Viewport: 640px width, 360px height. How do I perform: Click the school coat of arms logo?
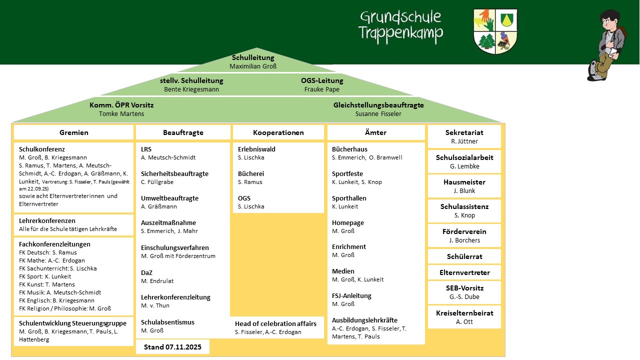click(x=495, y=30)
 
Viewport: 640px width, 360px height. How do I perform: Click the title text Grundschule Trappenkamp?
click(x=400, y=25)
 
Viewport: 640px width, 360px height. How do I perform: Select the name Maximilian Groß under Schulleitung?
click(x=253, y=66)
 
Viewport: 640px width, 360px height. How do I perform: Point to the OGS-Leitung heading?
click(x=322, y=80)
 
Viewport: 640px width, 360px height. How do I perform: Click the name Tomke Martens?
click(x=121, y=113)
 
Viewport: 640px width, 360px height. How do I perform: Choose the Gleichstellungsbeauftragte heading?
click(x=378, y=105)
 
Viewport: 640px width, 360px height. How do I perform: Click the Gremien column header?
click(x=74, y=132)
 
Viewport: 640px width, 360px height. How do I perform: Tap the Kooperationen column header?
click(x=278, y=132)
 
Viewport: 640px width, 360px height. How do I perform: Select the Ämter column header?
click(x=376, y=132)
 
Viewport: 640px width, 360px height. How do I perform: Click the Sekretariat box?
click(x=464, y=136)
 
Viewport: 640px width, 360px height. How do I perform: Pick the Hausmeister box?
click(x=464, y=186)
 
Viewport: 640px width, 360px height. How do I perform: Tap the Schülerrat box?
click(x=464, y=256)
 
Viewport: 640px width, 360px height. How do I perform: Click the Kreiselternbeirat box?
click(x=464, y=317)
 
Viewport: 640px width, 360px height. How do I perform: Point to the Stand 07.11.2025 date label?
click(x=172, y=346)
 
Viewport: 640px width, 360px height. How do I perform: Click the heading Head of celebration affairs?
click(x=275, y=323)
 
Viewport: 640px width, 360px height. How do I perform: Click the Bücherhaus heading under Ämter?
click(x=349, y=149)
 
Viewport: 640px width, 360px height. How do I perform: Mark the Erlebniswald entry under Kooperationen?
click(x=256, y=149)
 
